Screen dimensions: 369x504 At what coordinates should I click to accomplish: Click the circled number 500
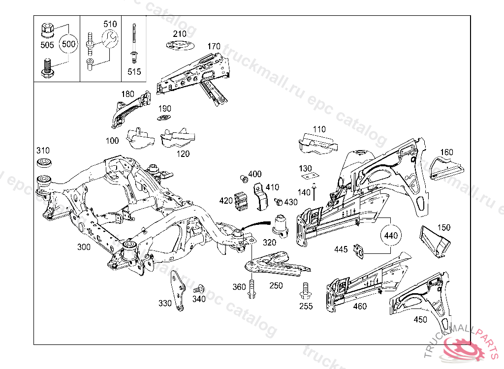pyautogui.click(x=69, y=44)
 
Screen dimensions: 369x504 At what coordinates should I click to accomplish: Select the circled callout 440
pyautogui.click(x=390, y=236)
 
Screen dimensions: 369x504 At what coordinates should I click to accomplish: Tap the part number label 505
pyautogui.click(x=47, y=45)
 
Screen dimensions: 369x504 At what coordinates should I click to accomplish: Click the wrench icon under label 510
pyautogui.click(x=109, y=38)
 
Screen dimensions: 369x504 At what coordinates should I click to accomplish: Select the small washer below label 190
pyautogui.click(x=164, y=119)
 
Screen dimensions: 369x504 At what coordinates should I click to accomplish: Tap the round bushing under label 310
pyautogui.click(x=45, y=163)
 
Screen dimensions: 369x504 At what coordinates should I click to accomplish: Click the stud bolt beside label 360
pyautogui.click(x=253, y=288)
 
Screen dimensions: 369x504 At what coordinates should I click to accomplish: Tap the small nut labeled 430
pyautogui.click(x=278, y=201)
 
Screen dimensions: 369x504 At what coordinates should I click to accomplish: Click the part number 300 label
pyautogui.click(x=84, y=247)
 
